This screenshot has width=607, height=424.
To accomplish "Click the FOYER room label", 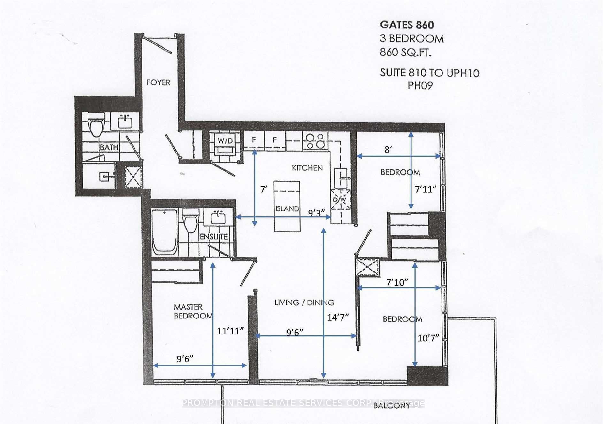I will click(158, 82).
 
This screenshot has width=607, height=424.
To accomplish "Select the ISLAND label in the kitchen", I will click(287, 208).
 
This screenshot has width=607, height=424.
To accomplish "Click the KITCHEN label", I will click(307, 168).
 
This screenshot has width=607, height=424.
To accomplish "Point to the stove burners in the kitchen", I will click(315, 141).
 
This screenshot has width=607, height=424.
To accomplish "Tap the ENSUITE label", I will click(214, 237).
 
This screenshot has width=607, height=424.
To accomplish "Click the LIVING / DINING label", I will click(304, 302).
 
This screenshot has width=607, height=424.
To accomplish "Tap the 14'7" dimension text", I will click(337, 317).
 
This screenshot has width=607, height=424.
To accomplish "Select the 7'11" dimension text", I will click(425, 190).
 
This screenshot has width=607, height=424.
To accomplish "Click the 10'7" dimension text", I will click(428, 338).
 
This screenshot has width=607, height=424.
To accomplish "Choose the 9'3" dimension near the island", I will click(316, 213).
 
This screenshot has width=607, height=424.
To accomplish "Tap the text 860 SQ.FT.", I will click(405, 52).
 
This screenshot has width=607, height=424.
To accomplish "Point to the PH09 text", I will click(420, 86).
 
